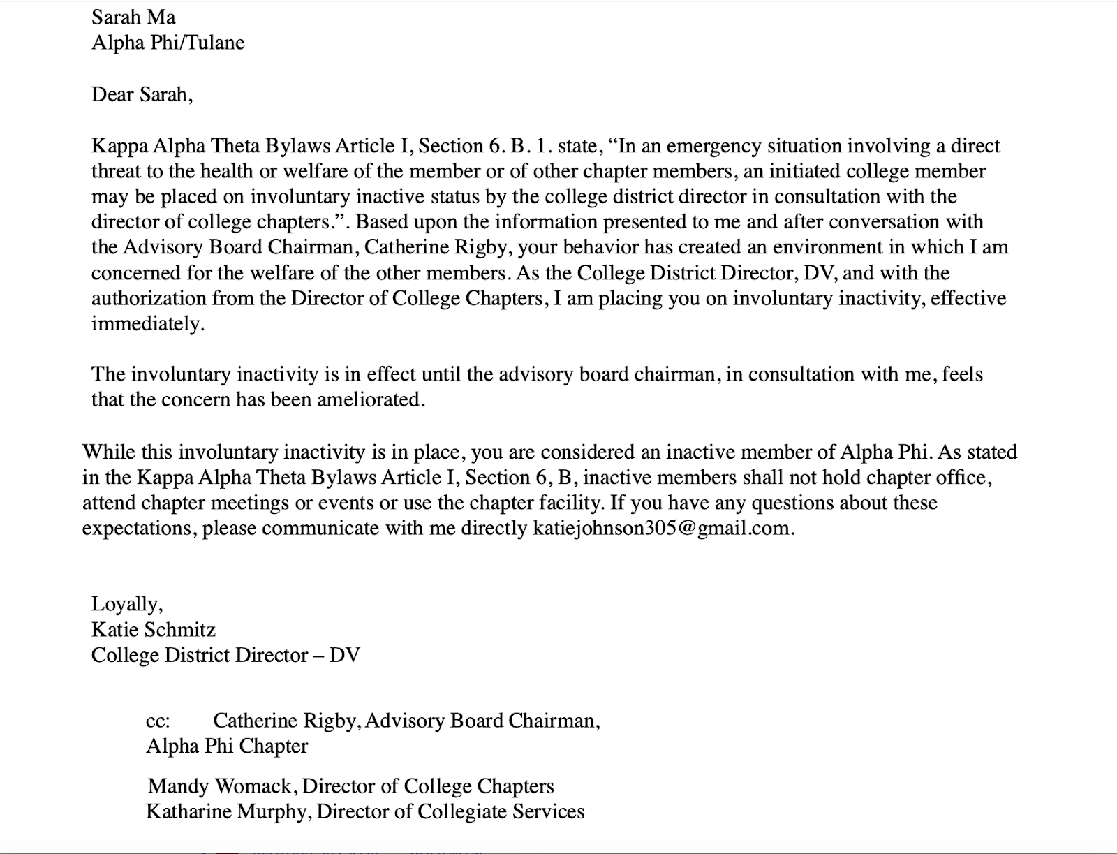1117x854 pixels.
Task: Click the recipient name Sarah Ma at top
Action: pyautogui.click(x=133, y=17)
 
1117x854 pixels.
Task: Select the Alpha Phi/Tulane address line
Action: pyautogui.click(x=168, y=43)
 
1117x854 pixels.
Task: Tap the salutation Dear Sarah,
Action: pyautogui.click(x=142, y=94)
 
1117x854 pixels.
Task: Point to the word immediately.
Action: pyautogui.click(x=147, y=324)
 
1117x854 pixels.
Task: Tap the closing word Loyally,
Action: pyautogui.click(x=127, y=604)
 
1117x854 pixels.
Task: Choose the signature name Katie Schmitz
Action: pyautogui.click(x=153, y=630)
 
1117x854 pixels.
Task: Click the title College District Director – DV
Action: pyautogui.click(x=225, y=656)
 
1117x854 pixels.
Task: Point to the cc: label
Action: pyautogui.click(x=158, y=721)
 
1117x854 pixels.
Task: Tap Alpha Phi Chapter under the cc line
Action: pyautogui.click(x=226, y=746)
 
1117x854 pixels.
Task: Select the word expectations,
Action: pyautogui.click(x=139, y=529)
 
